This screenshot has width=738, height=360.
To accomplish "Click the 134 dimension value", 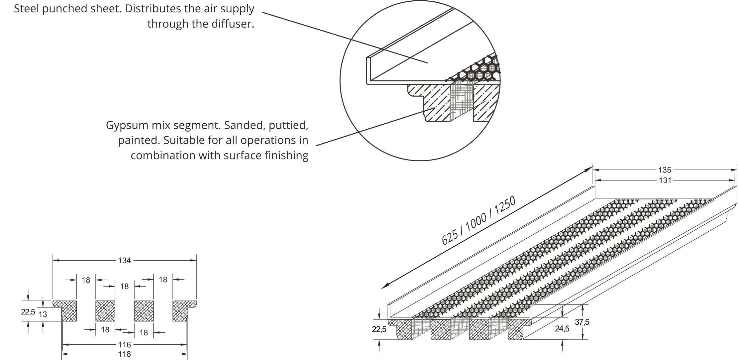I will [124, 261].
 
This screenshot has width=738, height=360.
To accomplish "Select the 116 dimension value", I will [124, 345].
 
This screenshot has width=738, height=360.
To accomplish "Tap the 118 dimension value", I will [124, 354].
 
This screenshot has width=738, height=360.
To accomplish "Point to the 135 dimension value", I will [665, 170].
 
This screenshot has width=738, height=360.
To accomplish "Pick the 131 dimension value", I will [665, 180].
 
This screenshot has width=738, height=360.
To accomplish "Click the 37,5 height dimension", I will [582, 322].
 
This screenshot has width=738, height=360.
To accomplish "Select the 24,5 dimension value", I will [562, 329].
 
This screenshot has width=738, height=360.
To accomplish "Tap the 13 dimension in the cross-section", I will [43, 314].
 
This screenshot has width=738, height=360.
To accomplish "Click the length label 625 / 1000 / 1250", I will [478, 221].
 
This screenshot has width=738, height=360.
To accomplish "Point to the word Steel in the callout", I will [26, 9].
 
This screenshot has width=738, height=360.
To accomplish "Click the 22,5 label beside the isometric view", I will [379, 329].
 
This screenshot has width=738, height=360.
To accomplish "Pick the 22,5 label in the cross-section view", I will [28, 312].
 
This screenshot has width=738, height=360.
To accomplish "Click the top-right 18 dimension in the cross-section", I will [163, 280].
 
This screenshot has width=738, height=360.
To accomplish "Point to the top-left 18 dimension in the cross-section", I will [86, 280].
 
